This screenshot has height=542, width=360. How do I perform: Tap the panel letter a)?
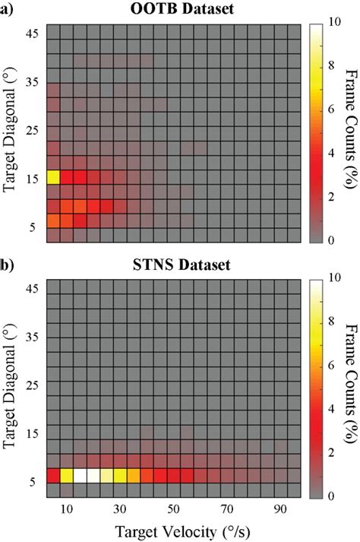[9, 10]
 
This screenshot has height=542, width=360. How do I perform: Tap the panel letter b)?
[9, 266]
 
